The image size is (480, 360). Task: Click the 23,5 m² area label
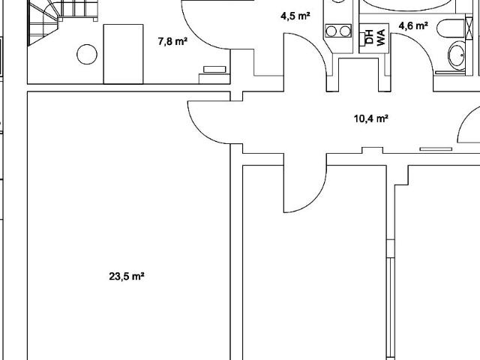click(x=127, y=277)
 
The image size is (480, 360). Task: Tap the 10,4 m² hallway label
click(x=371, y=118)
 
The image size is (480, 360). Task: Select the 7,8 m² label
click(x=172, y=41)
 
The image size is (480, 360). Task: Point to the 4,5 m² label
click(x=295, y=16)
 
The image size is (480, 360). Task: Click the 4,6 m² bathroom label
click(x=413, y=25)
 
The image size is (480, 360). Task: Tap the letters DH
click(x=370, y=37)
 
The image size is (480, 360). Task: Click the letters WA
click(x=380, y=37)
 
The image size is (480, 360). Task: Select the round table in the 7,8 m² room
click(x=87, y=54)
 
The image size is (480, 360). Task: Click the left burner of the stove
click(x=331, y=31)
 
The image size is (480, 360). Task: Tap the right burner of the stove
click(x=345, y=31)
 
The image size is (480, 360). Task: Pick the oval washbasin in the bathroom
click(x=457, y=55)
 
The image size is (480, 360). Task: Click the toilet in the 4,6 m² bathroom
click(x=451, y=28)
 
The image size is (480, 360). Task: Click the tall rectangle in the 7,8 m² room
click(x=123, y=54)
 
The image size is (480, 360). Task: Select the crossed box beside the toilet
click(x=469, y=28)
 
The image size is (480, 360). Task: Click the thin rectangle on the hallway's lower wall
click(x=436, y=149)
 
